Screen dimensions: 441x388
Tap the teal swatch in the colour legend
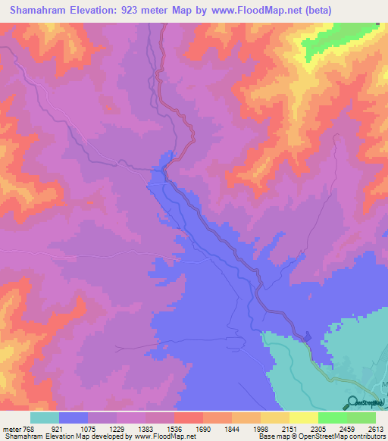(45, 418)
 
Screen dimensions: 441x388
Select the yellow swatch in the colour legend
(304, 418)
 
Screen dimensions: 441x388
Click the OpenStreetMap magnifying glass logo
(352, 402)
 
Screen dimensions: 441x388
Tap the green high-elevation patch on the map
(333, 42)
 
